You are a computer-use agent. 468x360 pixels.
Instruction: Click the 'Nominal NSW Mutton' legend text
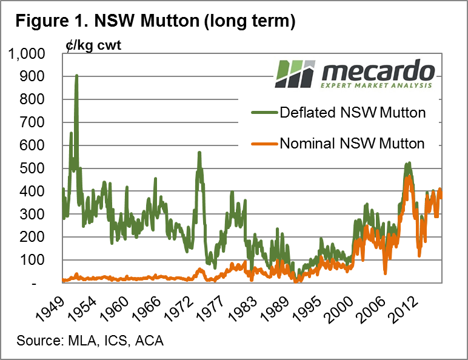click(x=352, y=144)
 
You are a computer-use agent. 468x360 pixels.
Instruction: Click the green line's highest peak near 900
click(x=76, y=76)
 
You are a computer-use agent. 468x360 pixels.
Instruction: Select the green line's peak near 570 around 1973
click(x=199, y=153)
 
